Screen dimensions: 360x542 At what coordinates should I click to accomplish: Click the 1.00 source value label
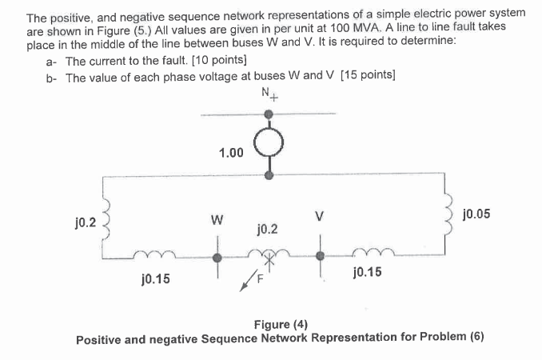230,152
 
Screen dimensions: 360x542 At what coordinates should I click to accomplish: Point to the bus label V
321,215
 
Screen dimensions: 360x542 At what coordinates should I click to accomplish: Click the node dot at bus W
217,258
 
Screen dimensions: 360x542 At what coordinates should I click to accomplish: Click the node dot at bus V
321,256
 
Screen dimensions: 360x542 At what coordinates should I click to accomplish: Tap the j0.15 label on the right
366,273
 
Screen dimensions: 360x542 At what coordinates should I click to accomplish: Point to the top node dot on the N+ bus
269,114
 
